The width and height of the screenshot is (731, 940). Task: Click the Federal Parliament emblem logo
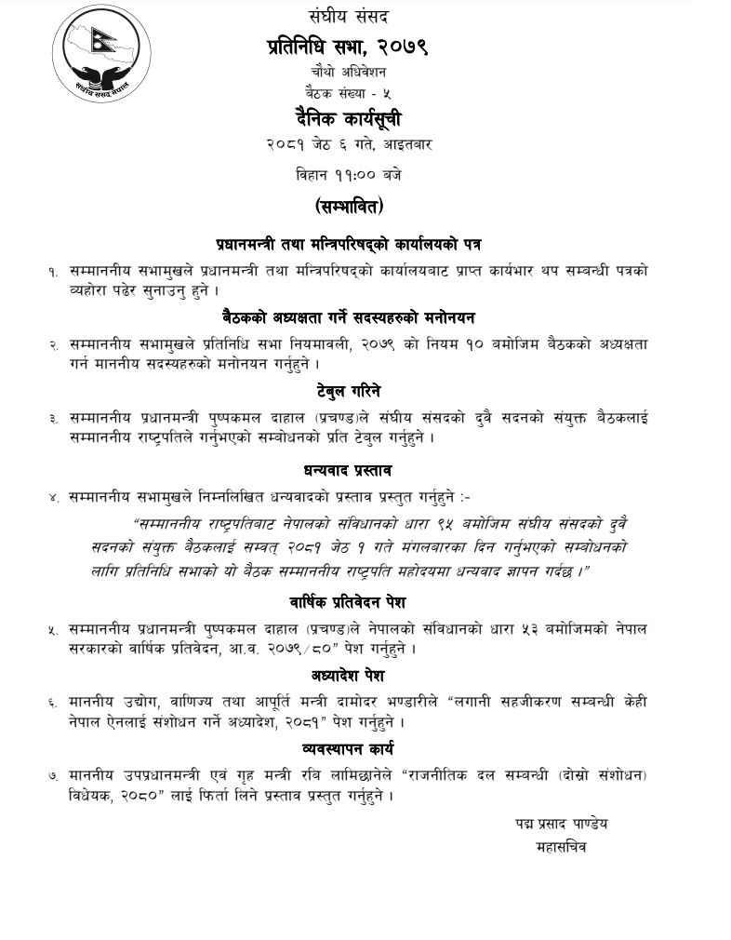[x=101, y=57]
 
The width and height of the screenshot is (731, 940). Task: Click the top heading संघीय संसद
[x=349, y=16]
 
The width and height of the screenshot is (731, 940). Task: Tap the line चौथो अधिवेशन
[x=349, y=71]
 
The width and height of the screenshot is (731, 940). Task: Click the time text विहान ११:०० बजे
[x=349, y=173]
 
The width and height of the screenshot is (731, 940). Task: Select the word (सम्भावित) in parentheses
[x=349, y=206]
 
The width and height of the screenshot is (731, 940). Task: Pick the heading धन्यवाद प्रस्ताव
[x=349, y=470]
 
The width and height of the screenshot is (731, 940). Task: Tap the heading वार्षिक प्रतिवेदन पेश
[x=349, y=602]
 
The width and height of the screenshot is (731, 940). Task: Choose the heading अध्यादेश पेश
[x=349, y=675]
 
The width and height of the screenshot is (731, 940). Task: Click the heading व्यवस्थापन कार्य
[x=349, y=747]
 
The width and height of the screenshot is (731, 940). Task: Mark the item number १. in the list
[x=54, y=272]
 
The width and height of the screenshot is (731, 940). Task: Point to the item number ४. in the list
[x=54, y=498]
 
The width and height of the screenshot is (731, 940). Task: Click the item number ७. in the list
[x=54, y=775]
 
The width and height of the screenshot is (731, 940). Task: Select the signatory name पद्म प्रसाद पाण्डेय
[x=562, y=825]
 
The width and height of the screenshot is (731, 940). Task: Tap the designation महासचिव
[x=562, y=847]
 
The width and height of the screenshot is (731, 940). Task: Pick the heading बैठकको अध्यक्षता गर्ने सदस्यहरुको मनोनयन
[x=349, y=316]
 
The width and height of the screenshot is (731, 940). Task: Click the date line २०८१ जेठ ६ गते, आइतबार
[x=349, y=145]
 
